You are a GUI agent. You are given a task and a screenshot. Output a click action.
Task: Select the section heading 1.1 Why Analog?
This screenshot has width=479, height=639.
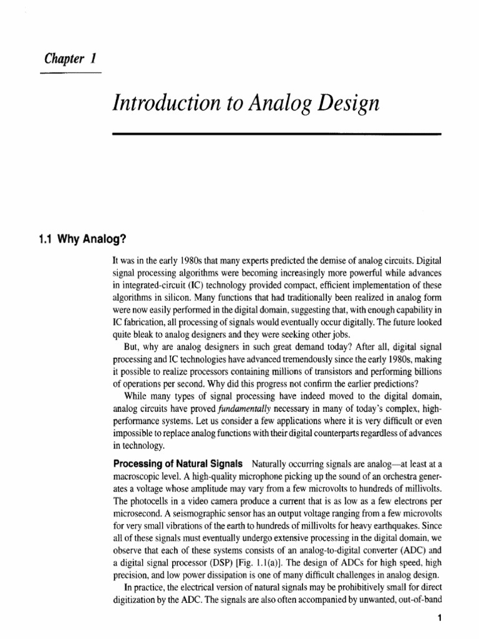(77, 238)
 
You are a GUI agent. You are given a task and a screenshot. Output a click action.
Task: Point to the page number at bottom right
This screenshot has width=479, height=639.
(439, 619)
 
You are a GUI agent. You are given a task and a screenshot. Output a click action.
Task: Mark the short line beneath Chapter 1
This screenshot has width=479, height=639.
(70, 73)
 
